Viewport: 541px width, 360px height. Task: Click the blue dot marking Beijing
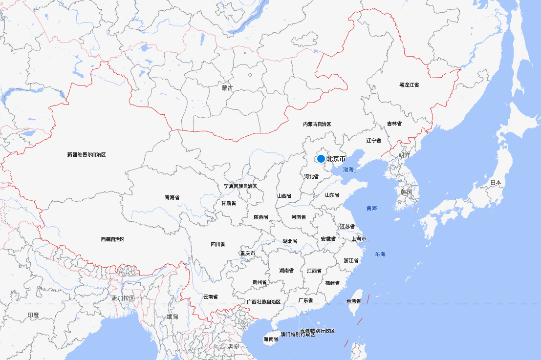(x=321, y=159)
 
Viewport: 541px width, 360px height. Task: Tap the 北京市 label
(x=336, y=159)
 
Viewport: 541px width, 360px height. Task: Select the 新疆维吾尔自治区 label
(x=87, y=154)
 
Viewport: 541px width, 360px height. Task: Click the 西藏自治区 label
(x=113, y=239)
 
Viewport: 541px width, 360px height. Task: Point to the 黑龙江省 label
(x=409, y=85)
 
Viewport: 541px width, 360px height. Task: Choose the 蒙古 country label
(x=227, y=88)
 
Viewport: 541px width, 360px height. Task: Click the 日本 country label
(x=496, y=183)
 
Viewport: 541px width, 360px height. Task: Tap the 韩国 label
(x=407, y=192)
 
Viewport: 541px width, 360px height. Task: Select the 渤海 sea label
(x=348, y=169)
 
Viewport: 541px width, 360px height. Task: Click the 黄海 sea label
(x=372, y=209)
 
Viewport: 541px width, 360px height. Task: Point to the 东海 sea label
(x=380, y=254)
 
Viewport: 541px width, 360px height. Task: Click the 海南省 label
(x=271, y=339)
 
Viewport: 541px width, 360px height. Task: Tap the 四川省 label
(x=218, y=244)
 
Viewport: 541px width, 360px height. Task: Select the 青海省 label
(x=172, y=198)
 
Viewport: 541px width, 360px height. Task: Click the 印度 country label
(x=33, y=316)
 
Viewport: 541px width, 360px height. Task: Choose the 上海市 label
(x=359, y=239)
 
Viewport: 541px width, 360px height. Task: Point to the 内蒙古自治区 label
(x=317, y=125)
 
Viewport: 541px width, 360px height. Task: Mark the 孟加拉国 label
(x=123, y=298)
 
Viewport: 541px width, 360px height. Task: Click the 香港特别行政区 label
(x=318, y=331)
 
